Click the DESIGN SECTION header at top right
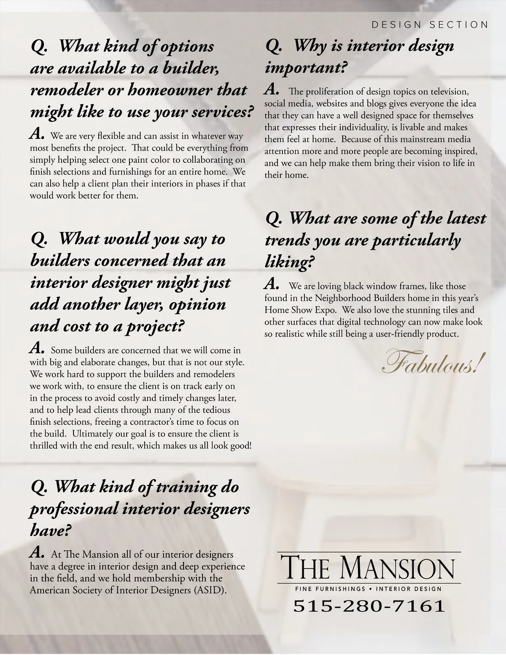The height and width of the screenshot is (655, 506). click(430, 24)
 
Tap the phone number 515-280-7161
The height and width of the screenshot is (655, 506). click(369, 606)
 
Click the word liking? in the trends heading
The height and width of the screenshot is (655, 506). click(290, 262)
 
